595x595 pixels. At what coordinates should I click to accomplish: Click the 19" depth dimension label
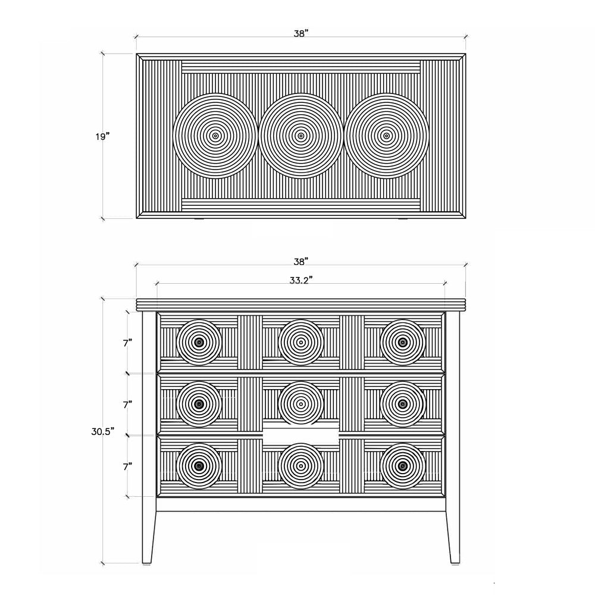click(x=102, y=136)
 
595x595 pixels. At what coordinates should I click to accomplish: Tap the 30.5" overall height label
click(x=103, y=431)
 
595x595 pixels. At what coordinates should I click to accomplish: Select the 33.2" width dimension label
click(x=301, y=280)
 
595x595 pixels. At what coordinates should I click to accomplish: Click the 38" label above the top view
click(x=301, y=33)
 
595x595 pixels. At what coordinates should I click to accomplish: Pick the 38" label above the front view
click(x=301, y=261)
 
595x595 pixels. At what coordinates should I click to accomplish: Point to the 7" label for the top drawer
click(x=127, y=343)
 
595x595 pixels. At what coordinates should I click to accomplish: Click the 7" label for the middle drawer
click(x=127, y=405)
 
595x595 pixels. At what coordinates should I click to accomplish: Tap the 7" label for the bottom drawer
click(x=127, y=466)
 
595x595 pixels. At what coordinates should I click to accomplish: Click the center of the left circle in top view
click(x=215, y=136)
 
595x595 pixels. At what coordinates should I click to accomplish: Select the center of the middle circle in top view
click(x=301, y=136)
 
